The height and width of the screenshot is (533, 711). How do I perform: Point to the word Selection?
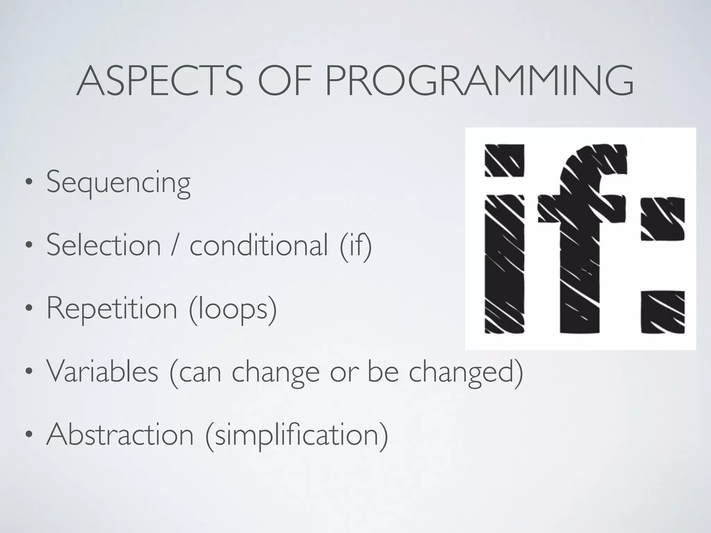[103, 245]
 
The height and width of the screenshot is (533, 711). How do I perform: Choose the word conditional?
[259, 245]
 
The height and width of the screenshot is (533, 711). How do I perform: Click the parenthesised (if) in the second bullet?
[355, 246]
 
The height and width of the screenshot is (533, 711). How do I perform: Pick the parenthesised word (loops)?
[233, 309]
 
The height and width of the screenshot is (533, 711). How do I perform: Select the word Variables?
[102, 372]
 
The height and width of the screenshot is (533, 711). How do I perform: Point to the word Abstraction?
[120, 434]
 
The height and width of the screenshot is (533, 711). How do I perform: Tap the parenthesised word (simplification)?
[297, 435]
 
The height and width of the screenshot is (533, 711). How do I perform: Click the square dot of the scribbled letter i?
[504, 160]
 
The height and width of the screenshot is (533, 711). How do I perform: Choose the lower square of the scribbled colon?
[662, 312]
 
